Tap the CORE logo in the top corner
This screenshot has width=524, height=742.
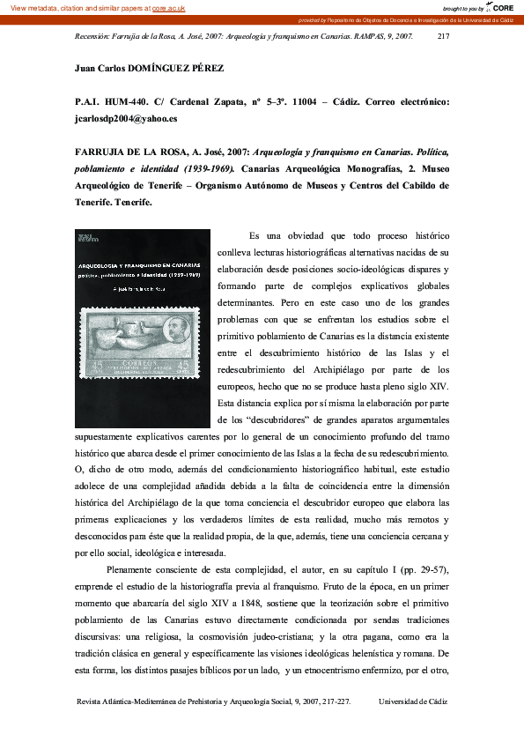(501, 7)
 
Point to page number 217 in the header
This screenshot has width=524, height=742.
(443, 38)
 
